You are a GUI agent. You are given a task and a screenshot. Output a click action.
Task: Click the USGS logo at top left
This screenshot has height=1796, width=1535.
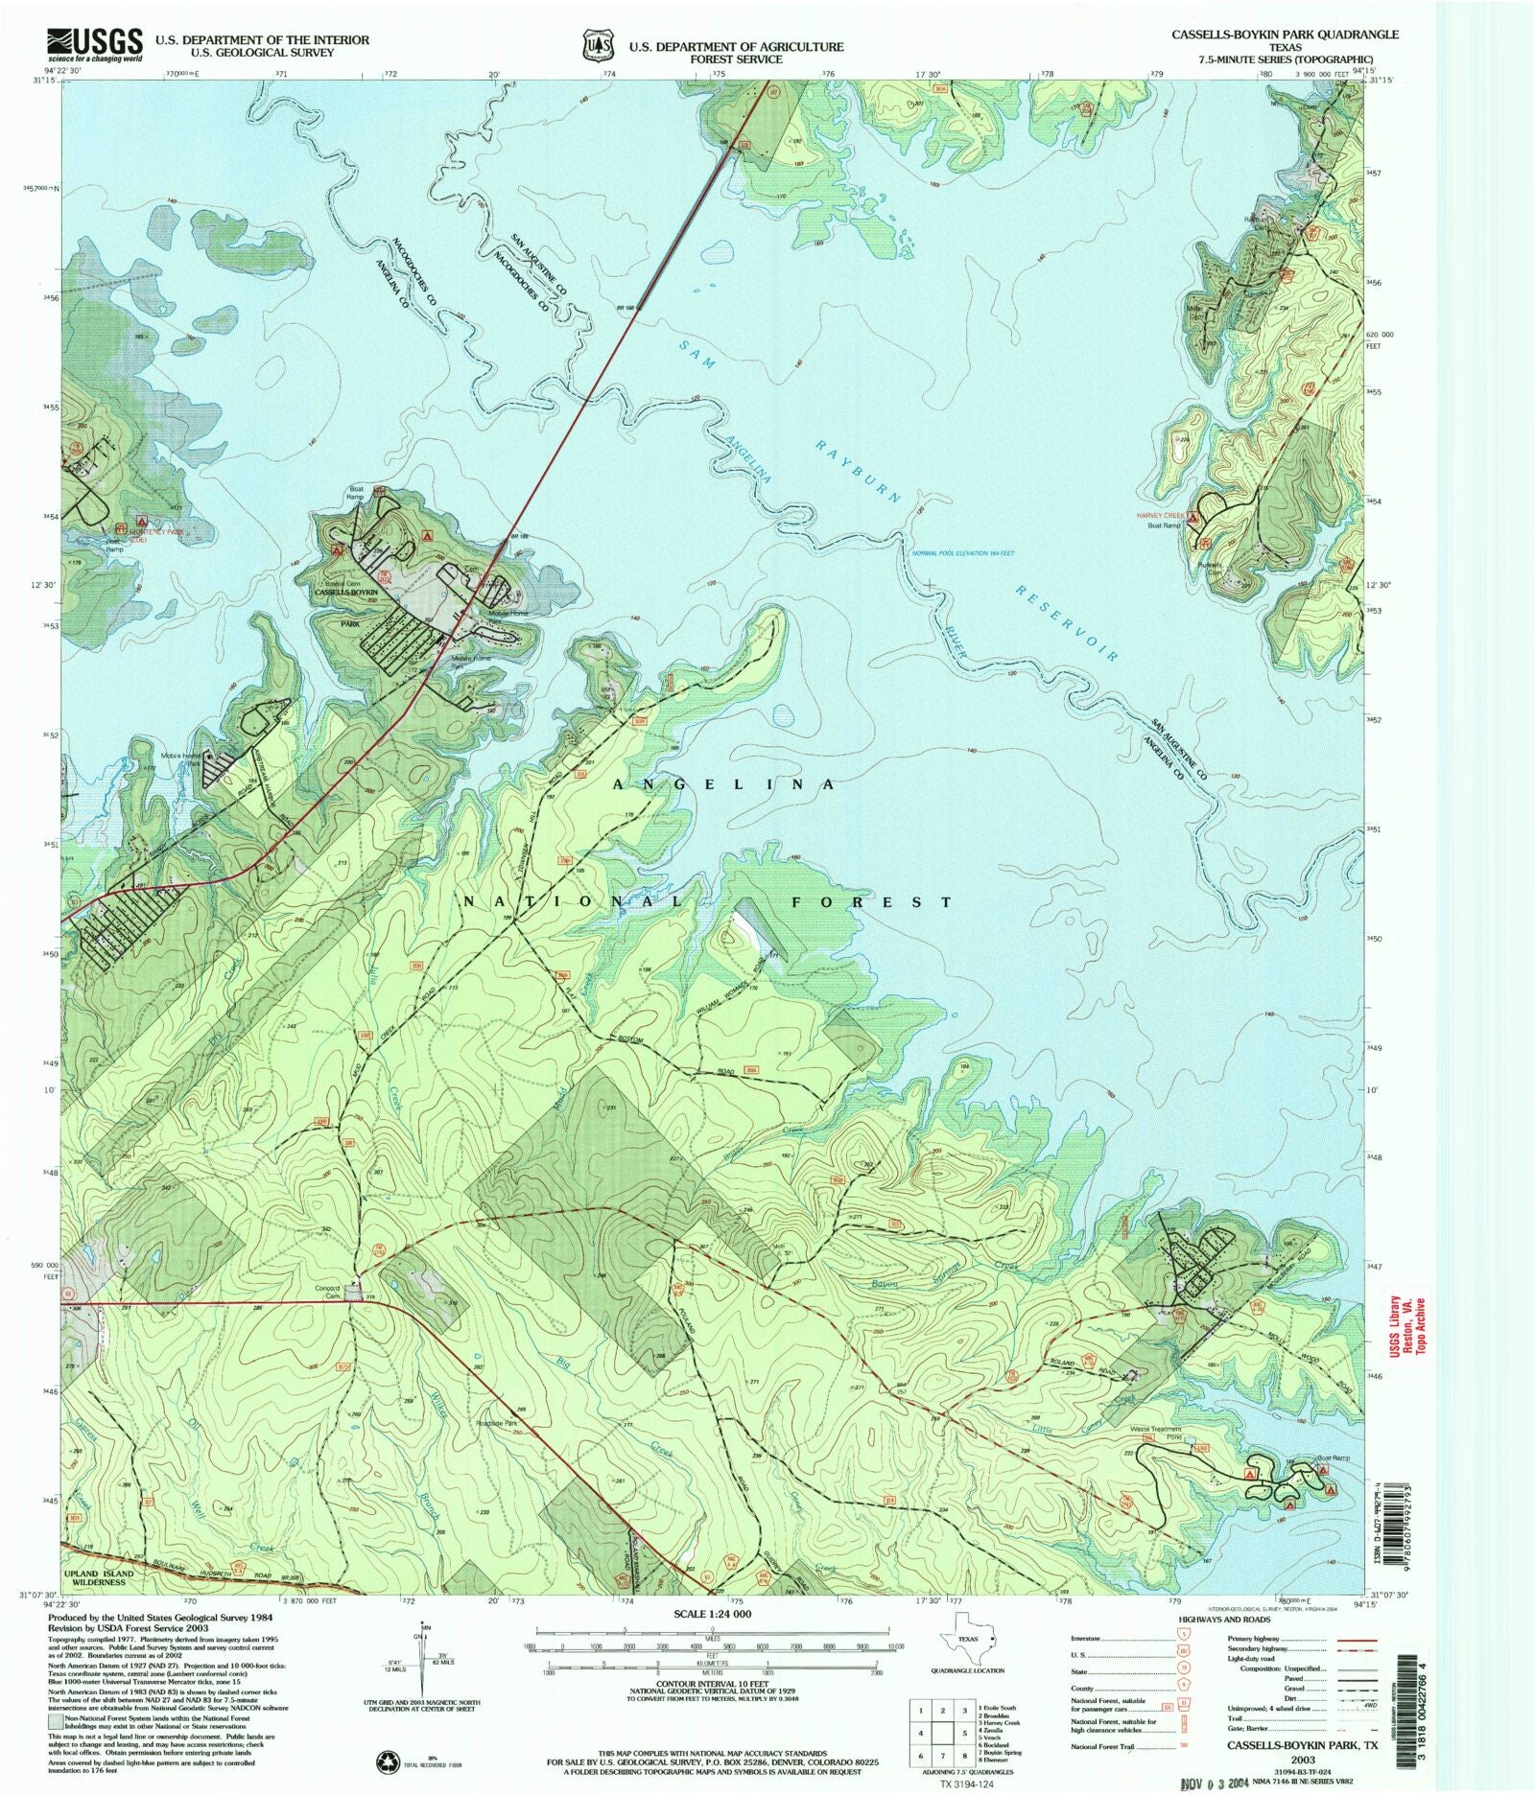(x=95, y=44)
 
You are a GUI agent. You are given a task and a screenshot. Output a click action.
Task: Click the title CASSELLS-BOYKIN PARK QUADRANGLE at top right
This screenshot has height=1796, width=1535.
(x=1285, y=35)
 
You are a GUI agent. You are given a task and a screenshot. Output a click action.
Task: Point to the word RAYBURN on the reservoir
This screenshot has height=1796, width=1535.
(x=859, y=471)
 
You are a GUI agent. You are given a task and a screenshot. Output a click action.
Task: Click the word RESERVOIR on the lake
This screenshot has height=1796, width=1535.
(x=1067, y=623)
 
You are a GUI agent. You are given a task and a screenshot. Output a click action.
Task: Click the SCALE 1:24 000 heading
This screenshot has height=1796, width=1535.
(x=712, y=1614)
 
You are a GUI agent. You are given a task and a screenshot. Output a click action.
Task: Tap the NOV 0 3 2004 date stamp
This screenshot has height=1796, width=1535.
(x=1213, y=1783)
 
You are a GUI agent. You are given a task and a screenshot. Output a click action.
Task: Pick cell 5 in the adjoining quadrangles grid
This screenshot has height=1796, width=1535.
(x=962, y=1733)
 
